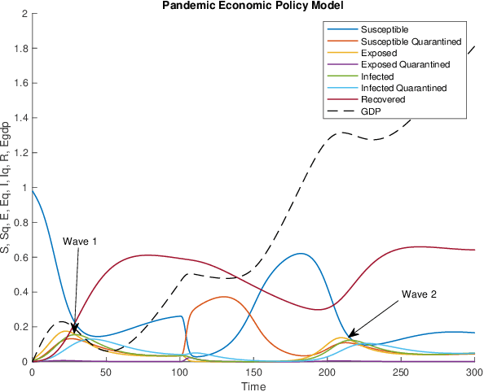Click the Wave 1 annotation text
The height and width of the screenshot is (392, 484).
(80, 242)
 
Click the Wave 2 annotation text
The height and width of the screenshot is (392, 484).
(420, 294)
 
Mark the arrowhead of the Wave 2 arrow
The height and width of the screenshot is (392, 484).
(350, 335)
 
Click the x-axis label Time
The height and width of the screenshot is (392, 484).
(253, 385)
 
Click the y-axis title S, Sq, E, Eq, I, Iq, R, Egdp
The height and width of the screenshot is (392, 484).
(7, 188)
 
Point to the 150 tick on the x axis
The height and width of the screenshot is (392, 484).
(253, 371)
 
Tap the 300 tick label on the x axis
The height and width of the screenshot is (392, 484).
(474, 371)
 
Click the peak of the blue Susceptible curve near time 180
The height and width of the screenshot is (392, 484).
(301, 253)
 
